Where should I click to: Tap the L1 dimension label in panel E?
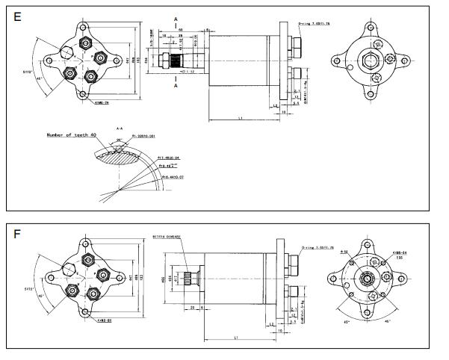click(x=240, y=119)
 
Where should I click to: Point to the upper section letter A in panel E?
click(x=175, y=15)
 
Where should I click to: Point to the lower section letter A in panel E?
click(x=175, y=87)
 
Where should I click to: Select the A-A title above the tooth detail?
click(x=120, y=128)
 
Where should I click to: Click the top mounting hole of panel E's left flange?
click(x=84, y=28)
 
